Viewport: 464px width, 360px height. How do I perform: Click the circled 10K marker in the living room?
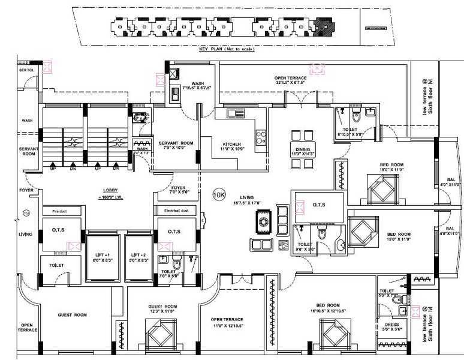pyautogui.click(x=219, y=194)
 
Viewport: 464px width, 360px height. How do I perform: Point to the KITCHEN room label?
pyautogui.click(x=231, y=145)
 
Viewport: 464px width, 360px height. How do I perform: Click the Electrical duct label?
pyautogui.click(x=176, y=211)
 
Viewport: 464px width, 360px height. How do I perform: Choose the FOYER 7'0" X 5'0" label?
pyautogui.click(x=179, y=190)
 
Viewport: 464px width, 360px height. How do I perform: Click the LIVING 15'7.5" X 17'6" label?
pyautogui.click(x=246, y=199)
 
